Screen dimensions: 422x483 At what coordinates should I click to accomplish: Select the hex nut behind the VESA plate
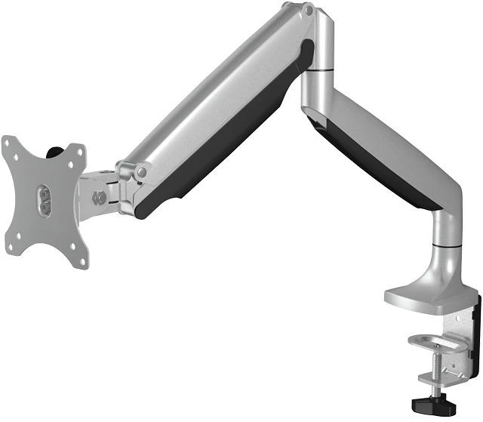pyautogui.click(x=98, y=199)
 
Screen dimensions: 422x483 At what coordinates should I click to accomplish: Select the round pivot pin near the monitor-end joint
pyautogui.click(x=140, y=173)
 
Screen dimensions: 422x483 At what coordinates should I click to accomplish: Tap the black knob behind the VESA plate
pyautogui.click(x=54, y=152)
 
